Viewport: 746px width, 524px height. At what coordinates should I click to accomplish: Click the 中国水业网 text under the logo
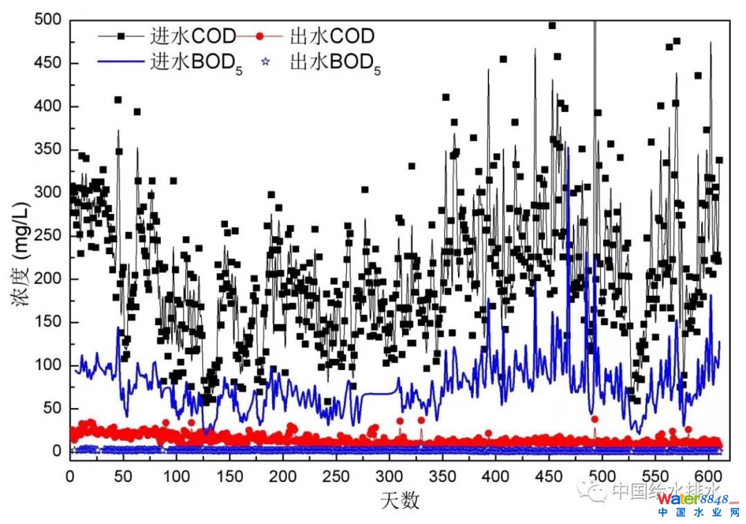click(x=698, y=514)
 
